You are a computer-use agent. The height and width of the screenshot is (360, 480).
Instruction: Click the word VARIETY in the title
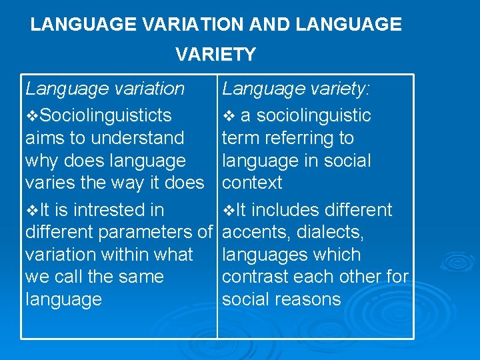point(215,55)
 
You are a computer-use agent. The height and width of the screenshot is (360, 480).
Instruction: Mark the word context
point(252,183)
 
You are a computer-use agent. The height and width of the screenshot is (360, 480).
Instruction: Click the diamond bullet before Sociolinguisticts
point(31,117)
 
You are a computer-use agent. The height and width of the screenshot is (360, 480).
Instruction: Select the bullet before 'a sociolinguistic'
point(229,117)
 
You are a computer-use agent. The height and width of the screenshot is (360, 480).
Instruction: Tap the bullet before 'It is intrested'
point(31,211)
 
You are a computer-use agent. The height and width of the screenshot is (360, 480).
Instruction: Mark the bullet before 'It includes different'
point(228,211)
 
